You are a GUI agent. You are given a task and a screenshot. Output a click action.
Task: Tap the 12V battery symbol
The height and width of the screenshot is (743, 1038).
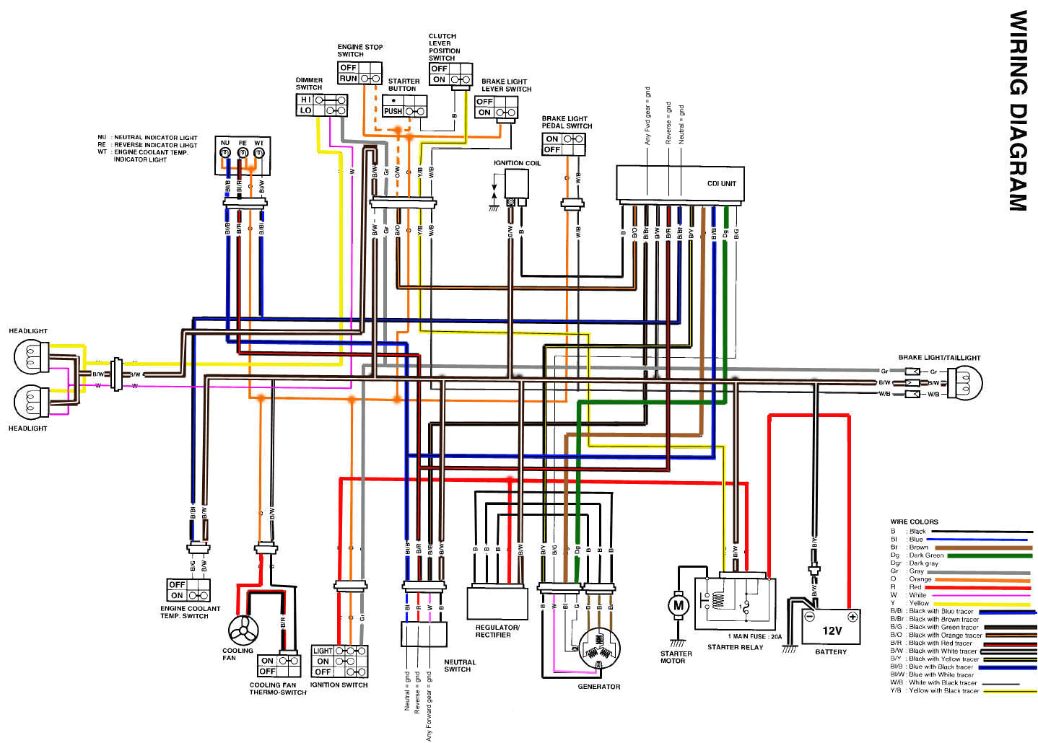tap(831, 628)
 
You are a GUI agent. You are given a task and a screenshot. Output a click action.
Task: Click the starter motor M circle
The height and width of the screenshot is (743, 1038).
tap(678, 606)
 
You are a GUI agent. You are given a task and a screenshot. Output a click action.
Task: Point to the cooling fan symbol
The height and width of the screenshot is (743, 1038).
tap(243, 631)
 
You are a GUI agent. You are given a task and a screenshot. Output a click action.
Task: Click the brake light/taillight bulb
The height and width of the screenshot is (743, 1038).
tap(965, 382)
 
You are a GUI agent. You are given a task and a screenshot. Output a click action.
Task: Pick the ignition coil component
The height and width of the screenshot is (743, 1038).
tap(516, 187)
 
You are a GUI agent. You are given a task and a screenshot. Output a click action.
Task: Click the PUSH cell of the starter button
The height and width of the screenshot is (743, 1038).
tap(393, 111)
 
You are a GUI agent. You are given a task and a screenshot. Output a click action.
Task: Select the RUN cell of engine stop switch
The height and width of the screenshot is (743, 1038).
tap(349, 78)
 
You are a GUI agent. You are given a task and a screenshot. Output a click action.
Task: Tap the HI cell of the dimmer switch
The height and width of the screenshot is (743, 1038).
tap(306, 100)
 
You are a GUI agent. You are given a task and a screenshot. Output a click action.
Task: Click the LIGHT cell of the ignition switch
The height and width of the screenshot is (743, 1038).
tap(323, 651)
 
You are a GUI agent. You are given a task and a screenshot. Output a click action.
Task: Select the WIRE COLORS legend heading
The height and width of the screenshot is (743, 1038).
tap(914, 522)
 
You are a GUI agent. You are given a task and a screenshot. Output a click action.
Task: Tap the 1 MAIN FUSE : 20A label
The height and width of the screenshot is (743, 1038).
tap(754, 636)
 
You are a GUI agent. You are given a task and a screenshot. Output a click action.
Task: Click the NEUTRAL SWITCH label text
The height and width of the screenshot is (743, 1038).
tap(459, 665)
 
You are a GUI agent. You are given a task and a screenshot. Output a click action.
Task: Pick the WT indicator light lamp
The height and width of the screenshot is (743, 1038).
tap(260, 153)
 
